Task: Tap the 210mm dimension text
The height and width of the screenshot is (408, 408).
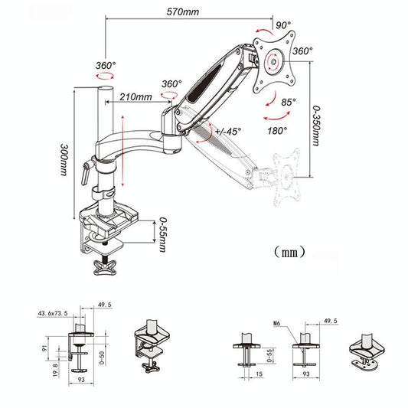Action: (136, 97)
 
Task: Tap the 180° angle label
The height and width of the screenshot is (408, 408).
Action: (277, 130)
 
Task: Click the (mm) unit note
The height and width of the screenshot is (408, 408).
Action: (289, 251)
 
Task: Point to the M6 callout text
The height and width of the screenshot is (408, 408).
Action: (278, 323)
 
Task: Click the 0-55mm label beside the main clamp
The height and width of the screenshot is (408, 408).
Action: (162, 233)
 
